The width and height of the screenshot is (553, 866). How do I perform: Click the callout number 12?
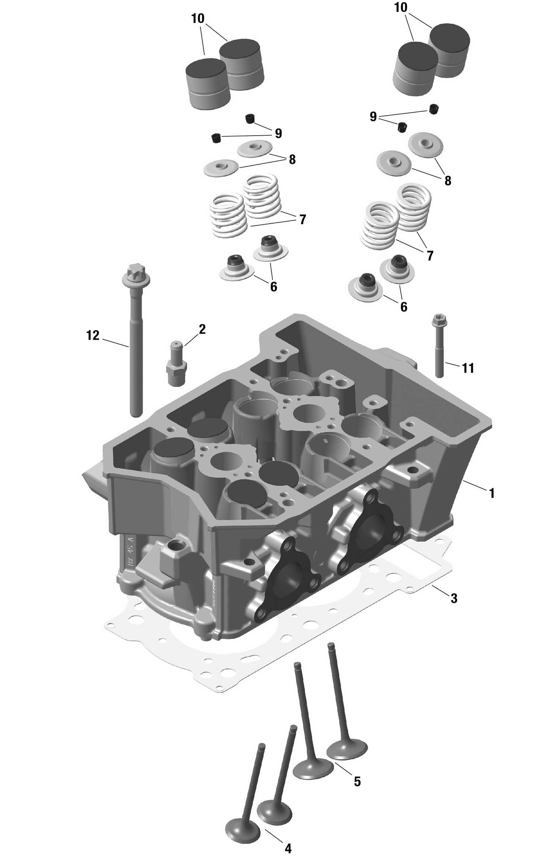93,336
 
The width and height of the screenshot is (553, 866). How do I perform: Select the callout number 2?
202,329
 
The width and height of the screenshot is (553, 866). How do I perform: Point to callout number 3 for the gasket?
454,598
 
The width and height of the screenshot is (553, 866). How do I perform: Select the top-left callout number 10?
198,18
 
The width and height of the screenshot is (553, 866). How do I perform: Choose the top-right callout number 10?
401,7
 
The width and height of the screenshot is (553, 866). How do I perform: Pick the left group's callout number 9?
278,133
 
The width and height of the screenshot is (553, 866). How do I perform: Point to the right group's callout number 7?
430,255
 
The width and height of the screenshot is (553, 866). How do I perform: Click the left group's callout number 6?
274,287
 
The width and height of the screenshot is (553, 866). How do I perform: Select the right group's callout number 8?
448,181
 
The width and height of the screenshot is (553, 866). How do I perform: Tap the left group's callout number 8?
292,160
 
